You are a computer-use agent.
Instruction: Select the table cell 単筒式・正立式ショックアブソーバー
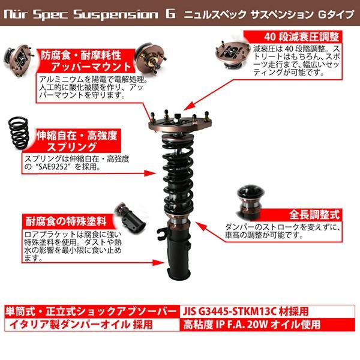point(90,312)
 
